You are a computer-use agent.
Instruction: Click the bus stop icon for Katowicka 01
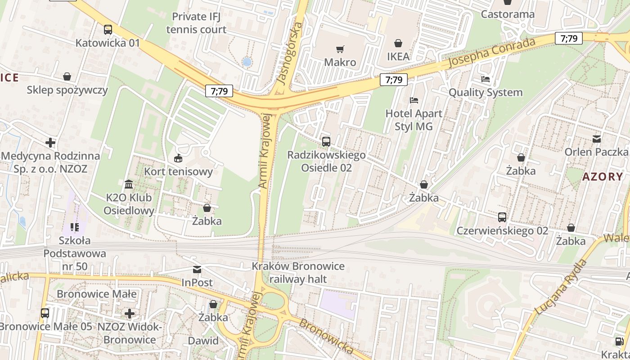pyautogui.click(x=108, y=30)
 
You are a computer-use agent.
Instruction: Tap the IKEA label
pyautogui.click(x=398, y=57)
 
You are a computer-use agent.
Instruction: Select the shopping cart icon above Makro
pyautogui.click(x=340, y=49)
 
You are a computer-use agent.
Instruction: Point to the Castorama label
pyautogui.click(x=508, y=14)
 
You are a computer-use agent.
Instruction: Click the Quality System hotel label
pyautogui.click(x=486, y=92)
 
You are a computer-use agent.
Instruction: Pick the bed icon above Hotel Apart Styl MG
pyautogui.click(x=414, y=100)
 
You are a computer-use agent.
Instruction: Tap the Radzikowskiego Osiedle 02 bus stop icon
pyautogui.click(x=326, y=141)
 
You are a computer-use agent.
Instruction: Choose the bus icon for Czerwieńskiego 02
pyautogui.click(x=502, y=217)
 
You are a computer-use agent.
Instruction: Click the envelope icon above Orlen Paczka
pyautogui.click(x=597, y=139)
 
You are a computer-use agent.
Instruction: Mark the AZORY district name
pyautogui.click(x=603, y=176)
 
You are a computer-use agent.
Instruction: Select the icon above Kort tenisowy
pyautogui.click(x=178, y=158)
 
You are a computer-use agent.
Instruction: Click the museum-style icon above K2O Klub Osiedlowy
pyautogui.click(x=129, y=184)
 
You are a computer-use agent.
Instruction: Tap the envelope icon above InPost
pyautogui.click(x=197, y=270)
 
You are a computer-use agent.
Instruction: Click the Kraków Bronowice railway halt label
pyautogui.click(x=298, y=272)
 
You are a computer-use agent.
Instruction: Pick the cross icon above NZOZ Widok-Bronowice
pyautogui.click(x=130, y=313)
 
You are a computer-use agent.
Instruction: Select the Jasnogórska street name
pyautogui.click(x=289, y=53)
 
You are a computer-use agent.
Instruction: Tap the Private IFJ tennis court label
pyautogui.click(x=196, y=23)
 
